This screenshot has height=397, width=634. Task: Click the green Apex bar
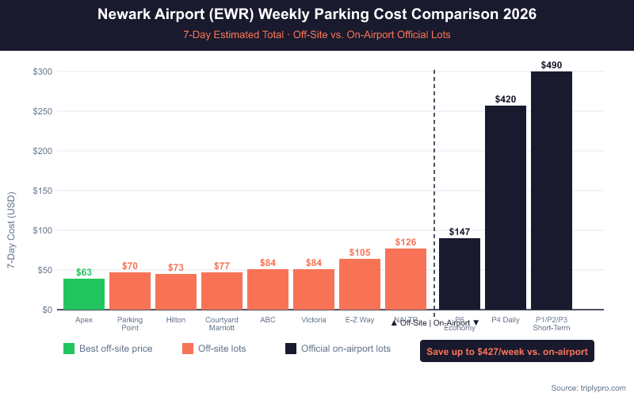84,294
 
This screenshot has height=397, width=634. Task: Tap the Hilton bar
176,291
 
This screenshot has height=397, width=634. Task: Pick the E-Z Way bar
360,283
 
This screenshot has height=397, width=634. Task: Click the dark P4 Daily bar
506,207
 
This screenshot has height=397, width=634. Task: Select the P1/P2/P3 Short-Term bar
552,191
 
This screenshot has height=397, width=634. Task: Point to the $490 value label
552,64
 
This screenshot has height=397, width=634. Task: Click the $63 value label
84,272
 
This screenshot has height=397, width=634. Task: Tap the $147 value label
460,232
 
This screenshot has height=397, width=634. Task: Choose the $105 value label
360,252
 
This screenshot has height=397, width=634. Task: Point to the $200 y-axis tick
43,151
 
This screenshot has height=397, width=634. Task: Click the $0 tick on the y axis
48,310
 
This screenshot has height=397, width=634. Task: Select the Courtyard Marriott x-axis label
222,324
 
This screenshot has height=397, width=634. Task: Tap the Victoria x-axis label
314,320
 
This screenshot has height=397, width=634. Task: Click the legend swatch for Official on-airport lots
291,349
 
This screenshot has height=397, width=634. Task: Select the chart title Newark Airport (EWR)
317,15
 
